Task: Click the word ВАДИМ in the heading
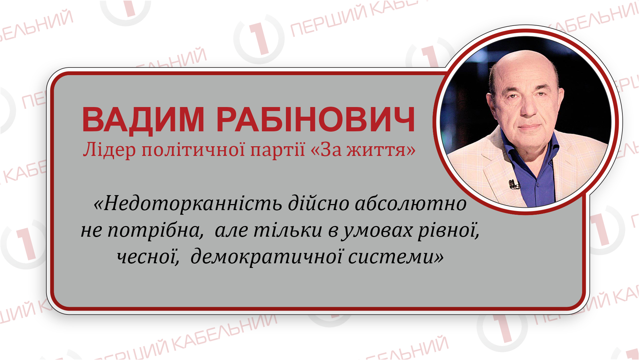143,120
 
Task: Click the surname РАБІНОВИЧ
316,120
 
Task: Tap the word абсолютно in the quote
411,203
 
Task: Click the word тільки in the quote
288,230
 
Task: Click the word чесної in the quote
148,257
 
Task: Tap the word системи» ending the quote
396,257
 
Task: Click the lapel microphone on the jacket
514,184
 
